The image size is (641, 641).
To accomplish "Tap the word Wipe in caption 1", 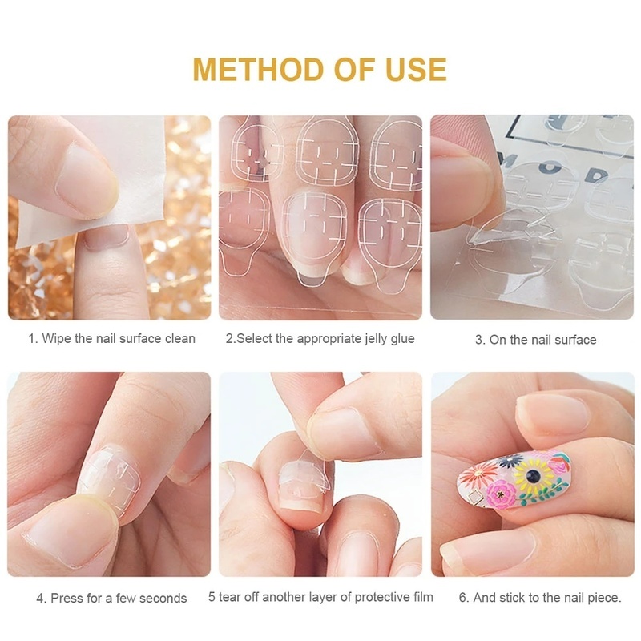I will click(57, 339).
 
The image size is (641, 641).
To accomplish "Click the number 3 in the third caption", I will click(479, 341).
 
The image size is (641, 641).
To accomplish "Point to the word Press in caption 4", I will click(68, 598).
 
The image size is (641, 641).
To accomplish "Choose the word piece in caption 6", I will click(602, 598).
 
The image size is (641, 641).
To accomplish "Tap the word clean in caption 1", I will click(179, 339).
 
